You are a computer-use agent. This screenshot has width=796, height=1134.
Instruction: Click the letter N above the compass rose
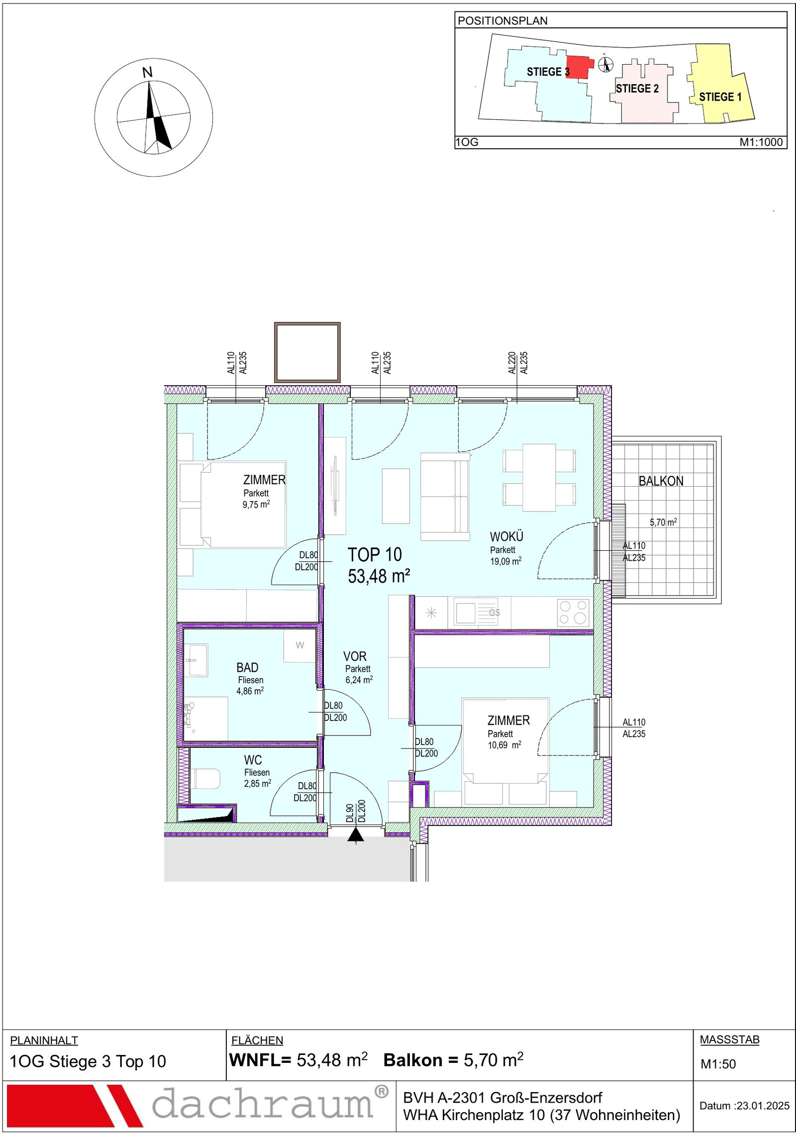(x=147, y=73)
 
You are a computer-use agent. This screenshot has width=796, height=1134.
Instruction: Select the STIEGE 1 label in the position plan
(x=720, y=97)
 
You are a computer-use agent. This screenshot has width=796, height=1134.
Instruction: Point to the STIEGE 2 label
(x=637, y=89)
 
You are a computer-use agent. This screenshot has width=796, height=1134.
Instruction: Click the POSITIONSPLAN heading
(x=502, y=21)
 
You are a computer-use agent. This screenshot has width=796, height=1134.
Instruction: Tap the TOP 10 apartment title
(x=375, y=554)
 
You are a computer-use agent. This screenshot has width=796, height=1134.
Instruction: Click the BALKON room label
(x=661, y=481)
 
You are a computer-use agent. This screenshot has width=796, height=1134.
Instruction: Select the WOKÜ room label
(x=506, y=537)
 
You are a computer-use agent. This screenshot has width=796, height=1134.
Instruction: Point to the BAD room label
(x=247, y=667)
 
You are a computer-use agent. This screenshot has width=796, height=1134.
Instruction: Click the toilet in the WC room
(x=205, y=779)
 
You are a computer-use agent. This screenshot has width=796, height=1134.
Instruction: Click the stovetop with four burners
(x=572, y=612)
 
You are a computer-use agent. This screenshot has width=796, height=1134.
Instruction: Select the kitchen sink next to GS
(x=466, y=613)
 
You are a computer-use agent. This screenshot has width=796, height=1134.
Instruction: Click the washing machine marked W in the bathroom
(x=299, y=645)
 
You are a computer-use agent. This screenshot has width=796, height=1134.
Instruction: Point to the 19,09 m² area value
(x=505, y=561)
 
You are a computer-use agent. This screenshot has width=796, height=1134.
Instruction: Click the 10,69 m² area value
(x=504, y=745)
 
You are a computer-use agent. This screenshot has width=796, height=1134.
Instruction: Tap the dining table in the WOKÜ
(x=539, y=477)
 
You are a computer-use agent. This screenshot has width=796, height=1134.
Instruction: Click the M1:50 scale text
(x=718, y=1064)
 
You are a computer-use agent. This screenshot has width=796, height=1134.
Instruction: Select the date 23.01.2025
(x=763, y=1106)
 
